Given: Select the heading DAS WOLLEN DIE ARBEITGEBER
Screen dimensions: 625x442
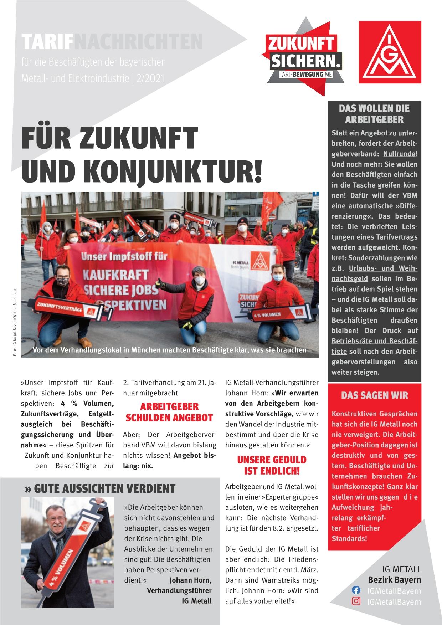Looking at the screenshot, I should point(374,114).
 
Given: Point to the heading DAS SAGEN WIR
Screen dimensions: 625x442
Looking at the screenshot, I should point(374,395).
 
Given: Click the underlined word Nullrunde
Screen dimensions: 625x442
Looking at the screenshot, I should point(399,154).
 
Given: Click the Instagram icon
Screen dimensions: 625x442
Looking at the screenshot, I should point(356,601).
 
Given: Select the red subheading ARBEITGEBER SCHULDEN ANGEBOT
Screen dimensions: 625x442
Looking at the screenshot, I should point(169,412).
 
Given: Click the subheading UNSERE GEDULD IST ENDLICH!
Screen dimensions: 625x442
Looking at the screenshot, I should point(272,465).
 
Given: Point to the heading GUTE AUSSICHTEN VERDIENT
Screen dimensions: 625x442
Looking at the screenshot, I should point(101,488).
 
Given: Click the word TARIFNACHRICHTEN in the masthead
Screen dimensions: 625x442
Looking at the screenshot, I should point(112,42).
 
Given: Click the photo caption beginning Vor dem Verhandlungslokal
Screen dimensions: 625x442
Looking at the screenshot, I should point(169,350).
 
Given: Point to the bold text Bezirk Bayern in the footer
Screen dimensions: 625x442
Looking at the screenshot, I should point(394,580).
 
